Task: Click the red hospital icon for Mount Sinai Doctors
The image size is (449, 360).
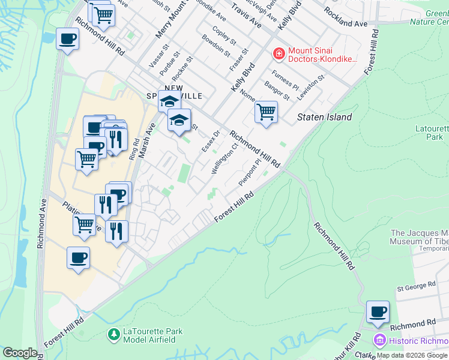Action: click(x=279, y=55)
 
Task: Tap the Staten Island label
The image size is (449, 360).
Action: click(x=325, y=118)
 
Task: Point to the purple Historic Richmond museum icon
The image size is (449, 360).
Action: click(x=378, y=340)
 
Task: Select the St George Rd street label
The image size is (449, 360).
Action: click(x=416, y=287)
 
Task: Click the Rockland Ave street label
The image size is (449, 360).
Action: click(x=345, y=18)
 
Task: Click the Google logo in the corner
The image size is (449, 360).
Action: click(x=20, y=353)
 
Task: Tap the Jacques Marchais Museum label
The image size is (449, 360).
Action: click(x=420, y=237)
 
